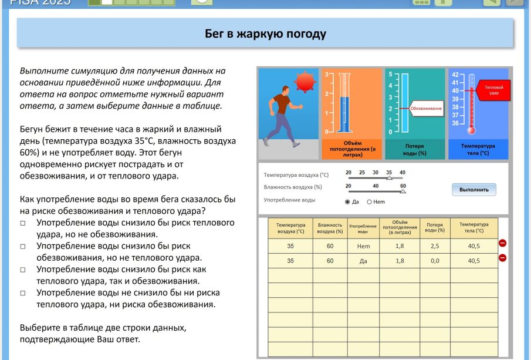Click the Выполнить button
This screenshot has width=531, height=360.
(473, 190)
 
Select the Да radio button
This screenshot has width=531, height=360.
(347, 202)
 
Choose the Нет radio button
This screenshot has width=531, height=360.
(370, 202)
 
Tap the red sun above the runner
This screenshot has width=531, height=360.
(305, 82)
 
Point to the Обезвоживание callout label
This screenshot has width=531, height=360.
(425, 108)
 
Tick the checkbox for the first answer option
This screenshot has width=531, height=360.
(23, 223)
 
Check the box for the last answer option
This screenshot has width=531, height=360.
(23, 292)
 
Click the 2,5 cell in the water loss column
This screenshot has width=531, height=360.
(435, 246)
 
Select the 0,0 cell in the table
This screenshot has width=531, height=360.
(435, 261)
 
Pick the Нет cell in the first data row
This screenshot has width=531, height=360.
(363, 246)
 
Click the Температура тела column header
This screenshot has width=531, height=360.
(474, 228)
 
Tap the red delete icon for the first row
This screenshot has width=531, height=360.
(502, 243)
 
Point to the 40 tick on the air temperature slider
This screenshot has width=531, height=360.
(403, 173)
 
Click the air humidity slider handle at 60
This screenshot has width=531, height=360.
(403, 190)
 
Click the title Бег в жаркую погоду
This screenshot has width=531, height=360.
(265, 34)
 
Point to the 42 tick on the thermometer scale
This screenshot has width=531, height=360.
(455, 75)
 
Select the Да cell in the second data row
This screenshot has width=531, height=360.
(363, 261)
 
